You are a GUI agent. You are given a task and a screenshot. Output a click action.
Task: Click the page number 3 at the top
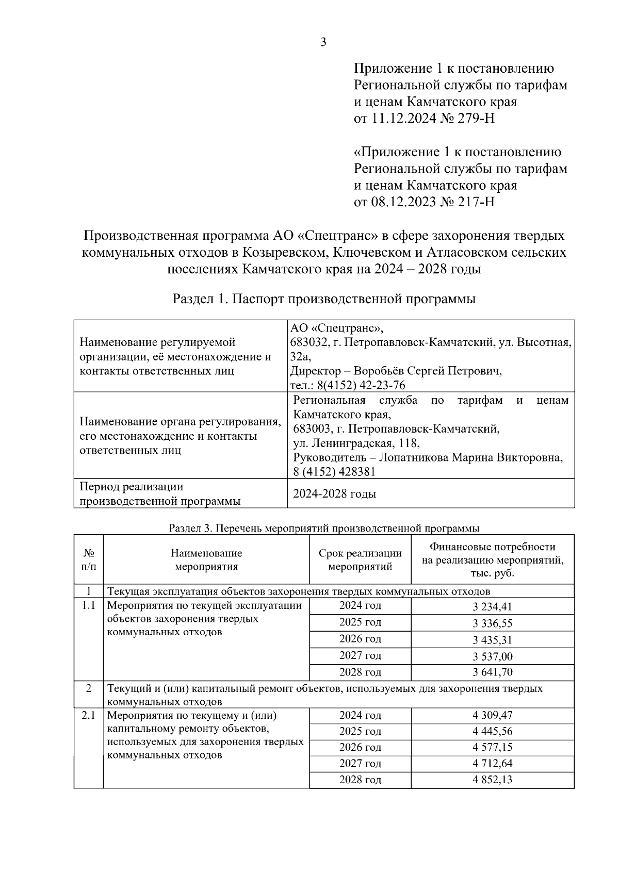pos(323,43)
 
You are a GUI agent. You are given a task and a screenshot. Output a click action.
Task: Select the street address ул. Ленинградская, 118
pos(356,443)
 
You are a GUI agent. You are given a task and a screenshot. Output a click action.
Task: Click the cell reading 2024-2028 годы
pos(334,493)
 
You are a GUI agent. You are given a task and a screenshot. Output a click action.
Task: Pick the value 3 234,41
pos(492,607)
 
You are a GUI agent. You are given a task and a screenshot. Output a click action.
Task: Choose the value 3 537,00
pos(492,656)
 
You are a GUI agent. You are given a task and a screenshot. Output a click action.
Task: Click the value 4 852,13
pos(492,780)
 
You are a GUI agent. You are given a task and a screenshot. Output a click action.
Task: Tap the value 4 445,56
pos(492,731)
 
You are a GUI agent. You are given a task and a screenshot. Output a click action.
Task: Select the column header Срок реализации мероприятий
pos(360,559)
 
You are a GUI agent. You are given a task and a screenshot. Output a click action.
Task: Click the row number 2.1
pos(88,715)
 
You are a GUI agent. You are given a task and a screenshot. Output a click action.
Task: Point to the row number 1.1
pos(88,605)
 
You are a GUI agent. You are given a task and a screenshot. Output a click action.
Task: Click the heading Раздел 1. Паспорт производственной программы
pos(323,299)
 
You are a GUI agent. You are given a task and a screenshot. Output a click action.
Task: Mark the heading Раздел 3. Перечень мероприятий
pos(323,528)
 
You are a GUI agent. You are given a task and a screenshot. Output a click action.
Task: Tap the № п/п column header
pos(88,559)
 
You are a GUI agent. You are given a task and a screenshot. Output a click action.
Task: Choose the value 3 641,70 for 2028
pos(492,672)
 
